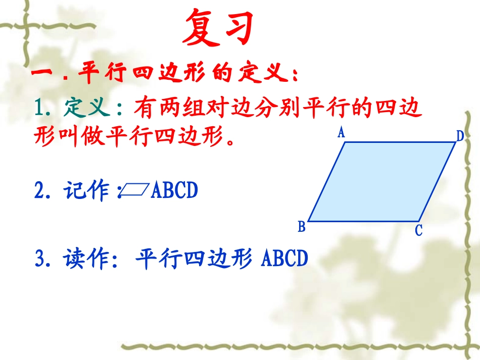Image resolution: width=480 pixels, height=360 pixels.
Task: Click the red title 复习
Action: point(218,28)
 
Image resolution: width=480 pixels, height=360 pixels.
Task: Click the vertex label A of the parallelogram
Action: point(341,133)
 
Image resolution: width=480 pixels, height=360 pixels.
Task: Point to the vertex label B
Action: point(302,227)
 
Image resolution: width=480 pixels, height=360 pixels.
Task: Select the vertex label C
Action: point(418,231)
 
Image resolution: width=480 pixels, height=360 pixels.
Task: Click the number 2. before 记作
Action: point(42,191)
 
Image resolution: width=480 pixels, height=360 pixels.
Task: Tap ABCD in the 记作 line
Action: point(174,191)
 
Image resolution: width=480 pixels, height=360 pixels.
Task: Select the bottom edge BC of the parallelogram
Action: point(364,221)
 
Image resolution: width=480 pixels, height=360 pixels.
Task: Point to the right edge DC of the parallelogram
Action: point(438,182)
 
